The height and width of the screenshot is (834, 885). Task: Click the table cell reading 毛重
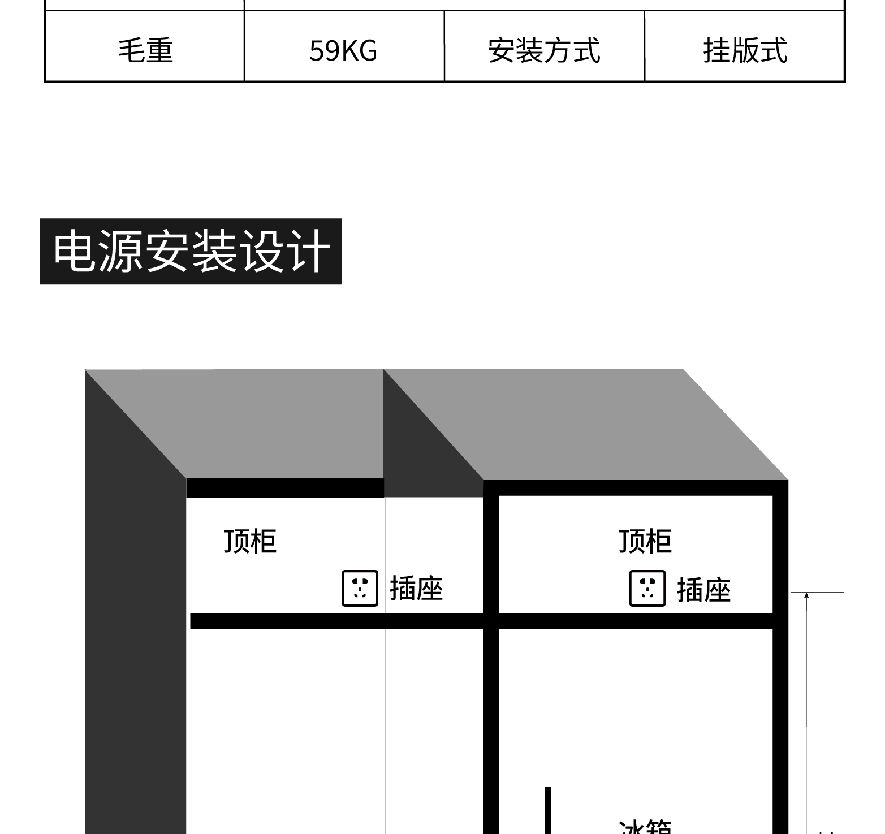(145, 50)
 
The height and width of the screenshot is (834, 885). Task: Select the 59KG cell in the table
(343, 50)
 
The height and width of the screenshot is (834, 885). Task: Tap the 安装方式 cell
(544, 50)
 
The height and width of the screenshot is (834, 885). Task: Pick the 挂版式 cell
(745, 50)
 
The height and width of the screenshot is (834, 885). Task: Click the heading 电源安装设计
(191, 251)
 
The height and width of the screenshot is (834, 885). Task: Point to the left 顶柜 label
(250, 541)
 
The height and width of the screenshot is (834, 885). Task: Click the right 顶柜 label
(645, 541)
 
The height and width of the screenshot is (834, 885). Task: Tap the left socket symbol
(360, 589)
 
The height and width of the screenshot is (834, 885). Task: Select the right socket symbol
(647, 589)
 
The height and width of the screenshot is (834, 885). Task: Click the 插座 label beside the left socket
(416, 589)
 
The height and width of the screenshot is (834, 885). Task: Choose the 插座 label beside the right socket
(704, 590)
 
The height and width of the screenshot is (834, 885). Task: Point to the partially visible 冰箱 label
(645, 828)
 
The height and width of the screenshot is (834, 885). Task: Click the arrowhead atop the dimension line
(806, 595)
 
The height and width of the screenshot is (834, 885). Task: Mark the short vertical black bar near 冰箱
(547, 810)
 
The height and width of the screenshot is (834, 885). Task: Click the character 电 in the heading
(76, 251)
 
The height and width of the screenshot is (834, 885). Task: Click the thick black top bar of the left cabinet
(285, 487)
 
